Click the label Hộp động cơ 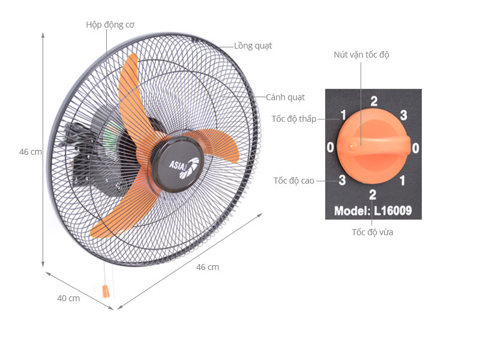(110, 25)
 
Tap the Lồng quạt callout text (253, 46)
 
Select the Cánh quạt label (285, 97)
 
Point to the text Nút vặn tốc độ (361, 55)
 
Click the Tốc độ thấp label (294, 119)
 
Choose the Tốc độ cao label (294, 181)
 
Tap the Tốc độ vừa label (373, 232)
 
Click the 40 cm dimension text (68, 298)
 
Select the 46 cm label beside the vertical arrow (31, 152)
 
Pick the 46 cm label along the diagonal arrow (208, 267)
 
